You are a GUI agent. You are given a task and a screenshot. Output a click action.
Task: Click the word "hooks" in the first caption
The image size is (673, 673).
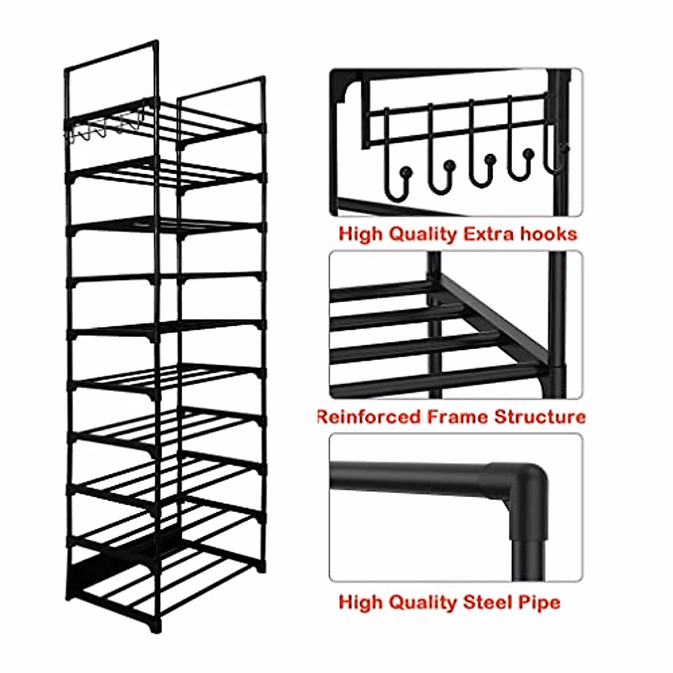[x=548, y=234]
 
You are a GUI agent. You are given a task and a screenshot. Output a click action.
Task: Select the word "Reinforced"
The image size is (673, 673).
[x=368, y=417]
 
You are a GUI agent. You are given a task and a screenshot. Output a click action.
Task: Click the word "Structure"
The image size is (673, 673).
[x=540, y=417]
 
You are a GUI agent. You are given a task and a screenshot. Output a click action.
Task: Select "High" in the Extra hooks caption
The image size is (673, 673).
[x=360, y=234]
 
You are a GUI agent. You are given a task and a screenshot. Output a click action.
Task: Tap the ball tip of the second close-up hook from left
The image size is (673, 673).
[x=449, y=165]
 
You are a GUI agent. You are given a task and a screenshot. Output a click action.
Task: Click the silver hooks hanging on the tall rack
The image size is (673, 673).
[x=104, y=129]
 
